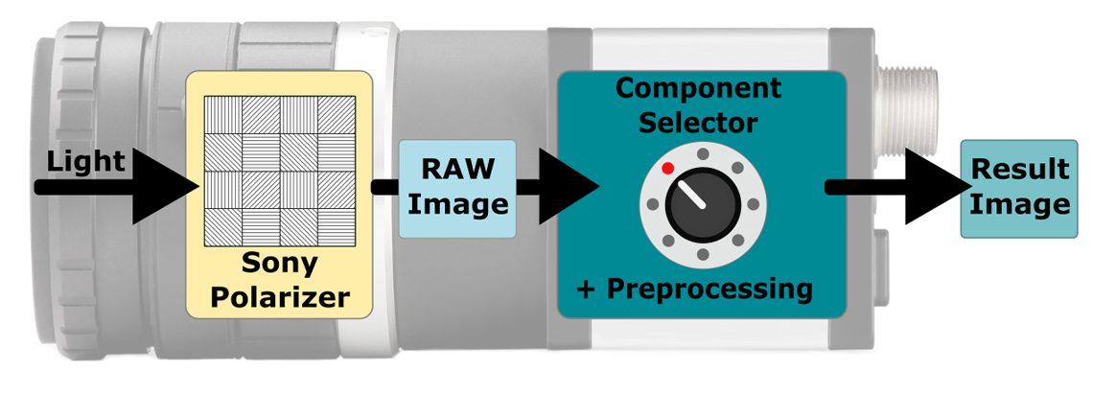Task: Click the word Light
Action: coord(85,162)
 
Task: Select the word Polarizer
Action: coord(279,296)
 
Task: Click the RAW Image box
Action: coord(457,189)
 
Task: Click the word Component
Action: coord(698,88)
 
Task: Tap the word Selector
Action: coord(699,123)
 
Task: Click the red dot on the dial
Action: coord(668,169)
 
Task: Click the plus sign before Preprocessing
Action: coord(587,288)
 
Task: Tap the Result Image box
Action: coord(1018,188)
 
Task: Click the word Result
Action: coord(1019,170)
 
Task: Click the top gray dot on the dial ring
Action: coord(703,153)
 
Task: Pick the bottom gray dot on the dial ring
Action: coord(703,254)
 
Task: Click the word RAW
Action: coord(457,170)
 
